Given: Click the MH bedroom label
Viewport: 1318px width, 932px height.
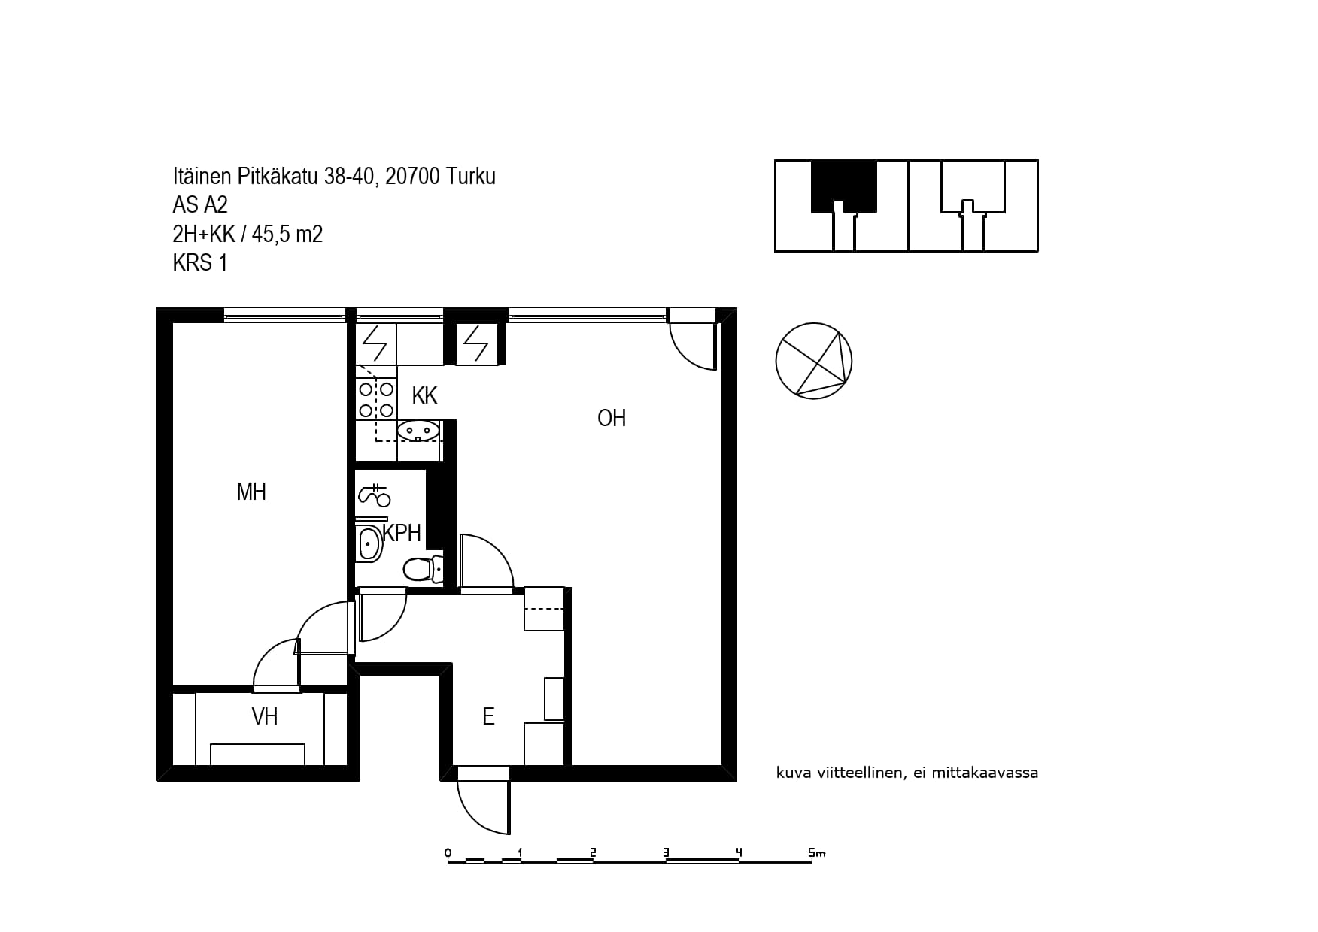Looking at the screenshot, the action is (x=251, y=492).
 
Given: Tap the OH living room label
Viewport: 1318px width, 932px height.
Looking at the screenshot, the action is (x=612, y=418).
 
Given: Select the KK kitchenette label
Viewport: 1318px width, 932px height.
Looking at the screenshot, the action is (x=424, y=395).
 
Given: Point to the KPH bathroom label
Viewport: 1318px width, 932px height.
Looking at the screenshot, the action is (x=402, y=533).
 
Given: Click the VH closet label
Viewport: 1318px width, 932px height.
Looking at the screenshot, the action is (x=265, y=716).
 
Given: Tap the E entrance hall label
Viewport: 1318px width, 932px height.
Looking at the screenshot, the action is (x=488, y=716).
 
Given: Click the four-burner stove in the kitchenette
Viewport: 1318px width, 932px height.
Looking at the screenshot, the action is (x=376, y=399).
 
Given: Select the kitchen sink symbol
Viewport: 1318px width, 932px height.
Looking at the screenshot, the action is (x=418, y=431).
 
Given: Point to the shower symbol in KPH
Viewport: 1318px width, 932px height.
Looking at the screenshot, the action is (x=374, y=494).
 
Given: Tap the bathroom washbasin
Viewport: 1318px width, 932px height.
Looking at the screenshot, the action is (x=369, y=543).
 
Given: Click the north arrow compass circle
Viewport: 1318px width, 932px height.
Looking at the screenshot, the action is (x=814, y=361).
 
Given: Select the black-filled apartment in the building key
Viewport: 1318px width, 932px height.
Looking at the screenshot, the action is (x=844, y=187).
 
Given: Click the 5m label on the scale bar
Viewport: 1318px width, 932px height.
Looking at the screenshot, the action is (x=817, y=852).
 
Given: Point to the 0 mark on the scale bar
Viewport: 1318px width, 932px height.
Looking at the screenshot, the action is (x=448, y=852).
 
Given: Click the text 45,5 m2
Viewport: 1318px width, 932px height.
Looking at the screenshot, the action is (x=287, y=235).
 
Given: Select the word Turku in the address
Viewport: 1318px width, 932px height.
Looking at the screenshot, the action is (x=471, y=177).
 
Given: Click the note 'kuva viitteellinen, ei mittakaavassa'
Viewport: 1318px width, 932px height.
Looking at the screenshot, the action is (x=907, y=773).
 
